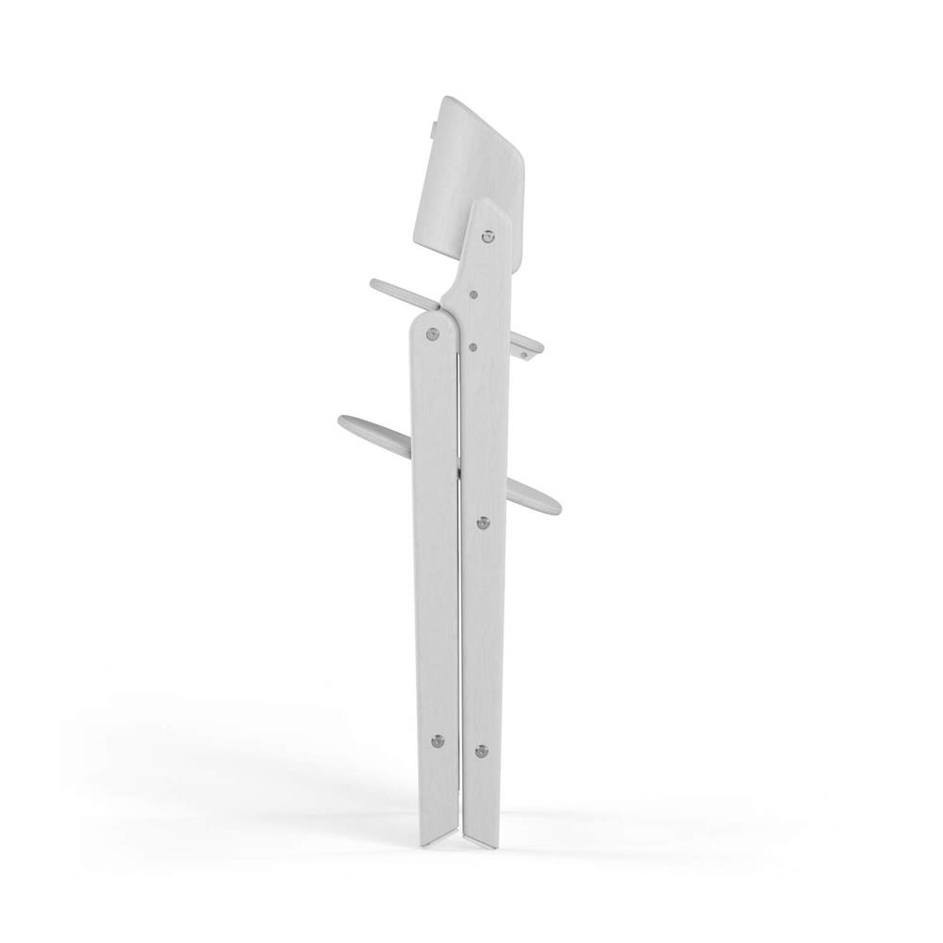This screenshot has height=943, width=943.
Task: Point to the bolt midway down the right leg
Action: click(x=484, y=521)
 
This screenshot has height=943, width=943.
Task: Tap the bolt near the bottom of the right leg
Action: click(x=482, y=751)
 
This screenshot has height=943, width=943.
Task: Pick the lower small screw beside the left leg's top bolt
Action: click(x=470, y=346)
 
